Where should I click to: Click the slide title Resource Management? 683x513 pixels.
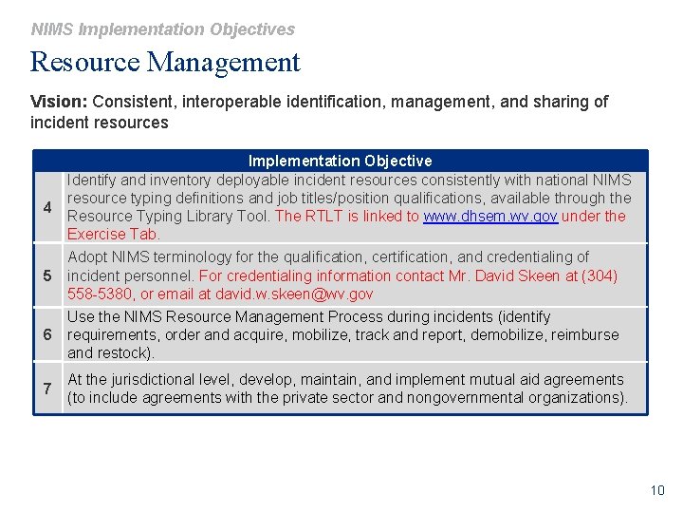pyautogui.click(x=165, y=63)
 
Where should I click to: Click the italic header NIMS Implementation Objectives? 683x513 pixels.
pyautogui.click(x=162, y=29)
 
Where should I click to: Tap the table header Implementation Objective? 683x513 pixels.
pyautogui.click(x=340, y=161)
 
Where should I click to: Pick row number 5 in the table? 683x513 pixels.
pyautogui.click(x=46, y=275)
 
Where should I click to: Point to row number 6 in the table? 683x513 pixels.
pyautogui.click(x=46, y=334)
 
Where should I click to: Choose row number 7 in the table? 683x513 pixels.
pyautogui.click(x=46, y=389)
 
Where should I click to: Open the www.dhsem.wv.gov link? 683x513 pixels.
pyautogui.click(x=489, y=216)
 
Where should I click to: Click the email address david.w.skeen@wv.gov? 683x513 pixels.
pyautogui.click(x=294, y=294)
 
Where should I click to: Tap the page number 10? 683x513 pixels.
pyautogui.click(x=657, y=490)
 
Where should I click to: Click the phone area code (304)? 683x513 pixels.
pyautogui.click(x=599, y=275)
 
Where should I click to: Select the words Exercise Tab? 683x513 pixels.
pyautogui.click(x=114, y=234)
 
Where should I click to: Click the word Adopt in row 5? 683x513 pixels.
pyautogui.click(x=87, y=256)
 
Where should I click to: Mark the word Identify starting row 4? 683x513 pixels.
pyautogui.click(x=92, y=180)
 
